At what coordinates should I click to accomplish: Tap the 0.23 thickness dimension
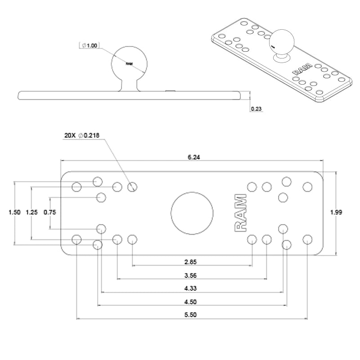pyautogui.click(x=256, y=108)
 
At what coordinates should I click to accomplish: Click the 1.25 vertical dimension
pyautogui.click(x=31, y=212)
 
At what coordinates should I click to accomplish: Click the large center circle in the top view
pyautogui.click(x=192, y=212)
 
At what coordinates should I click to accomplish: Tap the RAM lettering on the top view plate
pyautogui.click(x=241, y=213)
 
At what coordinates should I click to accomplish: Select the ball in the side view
pyautogui.click(x=129, y=64)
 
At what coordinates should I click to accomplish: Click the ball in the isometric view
pyautogui.click(x=280, y=41)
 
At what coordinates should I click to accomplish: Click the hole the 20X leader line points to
pyautogui.click(x=132, y=186)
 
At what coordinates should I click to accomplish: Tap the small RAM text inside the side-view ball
pyautogui.click(x=129, y=64)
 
